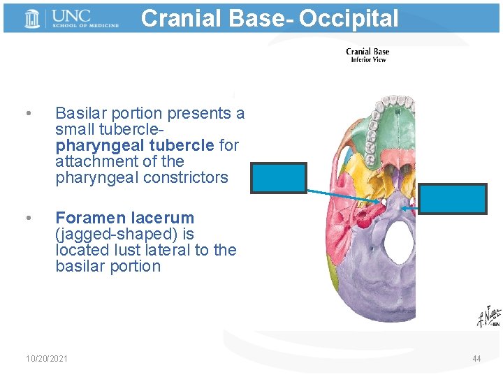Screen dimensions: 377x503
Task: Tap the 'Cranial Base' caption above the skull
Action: click(367, 52)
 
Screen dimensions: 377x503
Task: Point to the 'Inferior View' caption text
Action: click(367, 60)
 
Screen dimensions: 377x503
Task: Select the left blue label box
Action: click(279, 177)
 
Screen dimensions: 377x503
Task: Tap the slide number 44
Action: click(476, 359)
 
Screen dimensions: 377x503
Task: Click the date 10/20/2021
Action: click(47, 359)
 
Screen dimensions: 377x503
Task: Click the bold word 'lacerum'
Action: click(164, 218)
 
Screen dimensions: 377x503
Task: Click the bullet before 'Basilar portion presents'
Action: click(27, 114)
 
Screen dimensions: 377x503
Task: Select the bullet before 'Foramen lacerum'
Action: click(27, 219)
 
